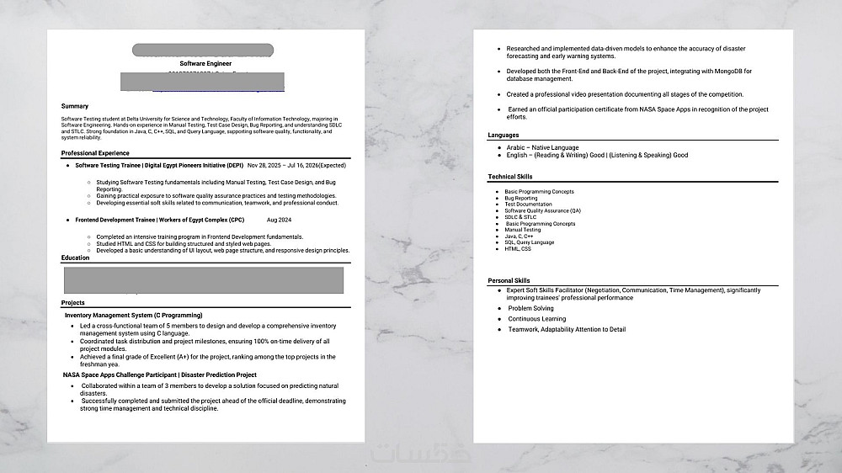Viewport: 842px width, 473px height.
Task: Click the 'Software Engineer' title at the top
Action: coord(205,63)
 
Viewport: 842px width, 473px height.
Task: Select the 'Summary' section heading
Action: coord(75,106)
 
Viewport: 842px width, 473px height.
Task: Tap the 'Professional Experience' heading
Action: coord(95,153)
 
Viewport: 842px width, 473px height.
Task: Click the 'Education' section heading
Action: coord(75,258)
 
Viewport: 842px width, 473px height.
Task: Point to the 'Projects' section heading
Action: coord(73,302)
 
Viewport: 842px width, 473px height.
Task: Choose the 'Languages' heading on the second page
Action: coord(504,135)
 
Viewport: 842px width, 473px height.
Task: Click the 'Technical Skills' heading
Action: coord(510,177)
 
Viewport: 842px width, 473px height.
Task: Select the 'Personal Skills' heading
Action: coord(509,280)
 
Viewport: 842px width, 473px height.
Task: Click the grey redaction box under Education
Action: coord(204,279)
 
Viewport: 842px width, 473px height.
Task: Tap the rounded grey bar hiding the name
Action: coord(203,50)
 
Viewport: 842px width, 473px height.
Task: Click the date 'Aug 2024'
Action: coord(279,220)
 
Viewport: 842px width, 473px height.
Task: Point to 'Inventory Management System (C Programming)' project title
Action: coord(133,315)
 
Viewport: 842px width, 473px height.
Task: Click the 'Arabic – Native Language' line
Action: coord(542,148)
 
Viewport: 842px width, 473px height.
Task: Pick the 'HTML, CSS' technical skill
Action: coord(518,248)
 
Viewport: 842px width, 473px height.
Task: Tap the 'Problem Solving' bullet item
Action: coord(530,309)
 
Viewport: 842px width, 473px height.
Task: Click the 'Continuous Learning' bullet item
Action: coord(536,319)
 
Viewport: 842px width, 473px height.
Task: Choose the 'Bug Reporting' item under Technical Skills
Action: coord(521,199)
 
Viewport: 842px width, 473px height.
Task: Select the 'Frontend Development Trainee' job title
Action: coord(115,220)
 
